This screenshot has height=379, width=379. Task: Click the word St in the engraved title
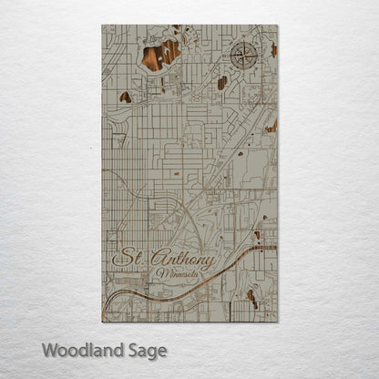click(126, 260)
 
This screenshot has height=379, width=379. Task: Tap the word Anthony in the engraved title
click(180, 261)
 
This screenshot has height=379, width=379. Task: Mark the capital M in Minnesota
click(159, 273)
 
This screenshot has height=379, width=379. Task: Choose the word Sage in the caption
click(147, 350)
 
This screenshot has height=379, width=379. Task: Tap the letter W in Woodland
click(49, 349)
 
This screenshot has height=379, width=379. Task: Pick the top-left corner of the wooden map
click(102, 26)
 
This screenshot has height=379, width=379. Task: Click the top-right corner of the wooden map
click(277, 26)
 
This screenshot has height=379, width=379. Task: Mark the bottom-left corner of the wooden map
click(102, 322)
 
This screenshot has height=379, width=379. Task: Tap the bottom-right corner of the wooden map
click(277, 322)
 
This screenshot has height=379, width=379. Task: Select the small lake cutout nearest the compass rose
click(222, 83)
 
